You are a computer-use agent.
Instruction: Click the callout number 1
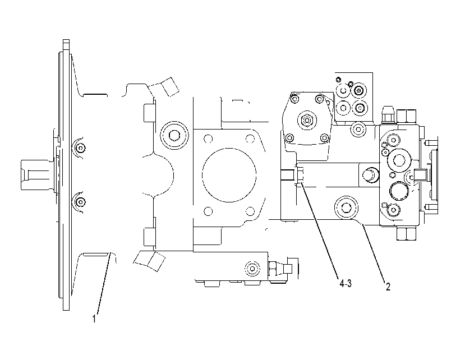pos(94,319)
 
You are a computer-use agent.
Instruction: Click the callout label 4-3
pos(346,284)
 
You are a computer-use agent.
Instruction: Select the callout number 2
pos(388,287)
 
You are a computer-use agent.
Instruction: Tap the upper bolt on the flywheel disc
pos(80,147)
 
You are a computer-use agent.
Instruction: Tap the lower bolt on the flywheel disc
pos(80,202)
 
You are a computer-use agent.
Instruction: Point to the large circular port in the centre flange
pos(229,175)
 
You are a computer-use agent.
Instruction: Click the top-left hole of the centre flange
pos(209,139)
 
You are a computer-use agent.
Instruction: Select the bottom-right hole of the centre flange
pos(250,211)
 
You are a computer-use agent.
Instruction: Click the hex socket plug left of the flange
pos(174,136)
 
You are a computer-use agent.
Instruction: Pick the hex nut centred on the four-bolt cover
pos(307,120)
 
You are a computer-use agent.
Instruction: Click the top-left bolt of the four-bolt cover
pos(294,98)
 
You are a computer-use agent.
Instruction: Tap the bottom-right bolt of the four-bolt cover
pos(325,137)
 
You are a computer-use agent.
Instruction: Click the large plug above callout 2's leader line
pos(346,207)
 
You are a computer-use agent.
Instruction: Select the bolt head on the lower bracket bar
pos(252,269)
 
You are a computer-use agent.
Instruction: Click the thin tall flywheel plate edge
pos(66,175)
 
